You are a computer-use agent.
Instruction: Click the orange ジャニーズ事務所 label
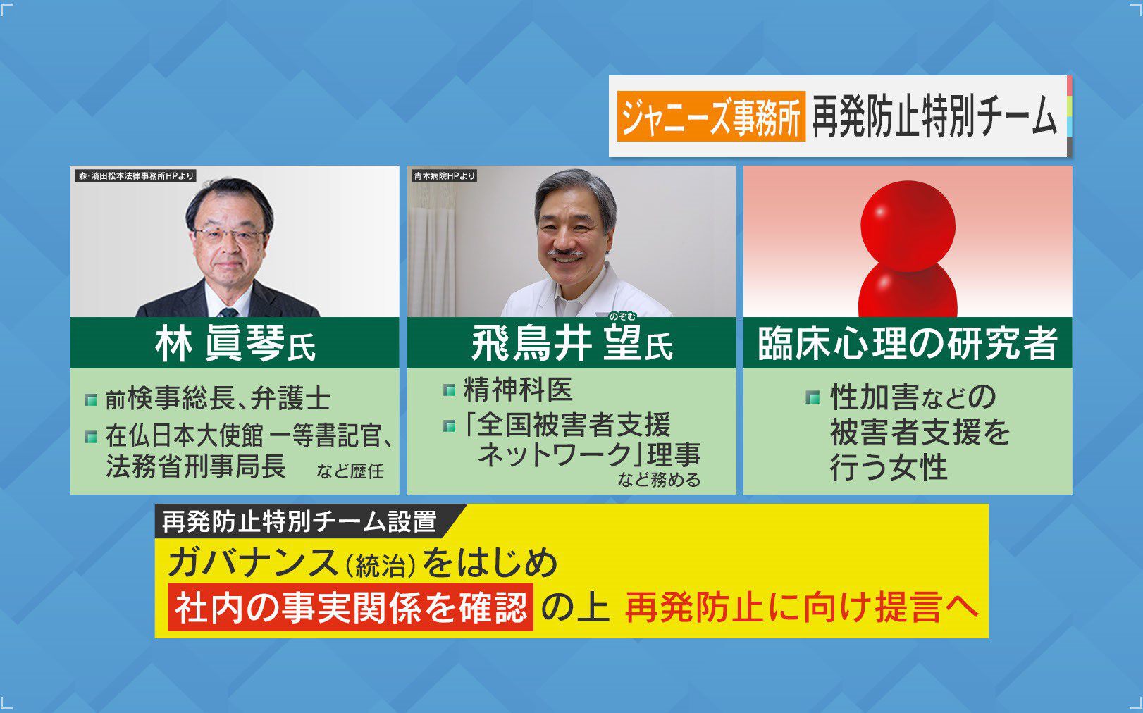pyautogui.click(x=711, y=116)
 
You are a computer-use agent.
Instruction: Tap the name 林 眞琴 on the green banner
pyautogui.click(x=221, y=345)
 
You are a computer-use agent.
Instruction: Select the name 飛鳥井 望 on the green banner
pyautogui.click(x=556, y=345)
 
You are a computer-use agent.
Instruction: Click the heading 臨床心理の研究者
pyautogui.click(x=907, y=344)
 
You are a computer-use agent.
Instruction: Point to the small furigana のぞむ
pyautogui.click(x=622, y=317)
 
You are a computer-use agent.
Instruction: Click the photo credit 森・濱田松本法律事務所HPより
pyautogui.click(x=136, y=176)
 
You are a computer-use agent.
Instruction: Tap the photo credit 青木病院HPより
pyautogui.click(x=444, y=176)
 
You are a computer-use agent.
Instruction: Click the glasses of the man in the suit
pyautogui.click(x=228, y=235)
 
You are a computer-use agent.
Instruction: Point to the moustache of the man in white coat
pyautogui.click(x=565, y=252)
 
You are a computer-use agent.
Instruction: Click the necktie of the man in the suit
pyautogui.click(x=228, y=311)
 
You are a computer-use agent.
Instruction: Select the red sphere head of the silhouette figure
pyautogui.click(x=908, y=225)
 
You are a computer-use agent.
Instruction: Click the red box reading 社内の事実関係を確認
pyautogui.click(x=350, y=607)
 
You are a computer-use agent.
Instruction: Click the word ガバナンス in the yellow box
pyautogui.click(x=253, y=564)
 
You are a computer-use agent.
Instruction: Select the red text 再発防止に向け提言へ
pyautogui.click(x=801, y=607)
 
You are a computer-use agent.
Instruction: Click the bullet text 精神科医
pyautogui.click(x=518, y=389)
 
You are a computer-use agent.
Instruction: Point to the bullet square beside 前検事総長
pyautogui.click(x=91, y=400)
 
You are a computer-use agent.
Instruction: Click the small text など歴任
pyautogui.click(x=350, y=471)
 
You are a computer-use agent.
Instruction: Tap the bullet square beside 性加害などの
pyautogui.click(x=813, y=397)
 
